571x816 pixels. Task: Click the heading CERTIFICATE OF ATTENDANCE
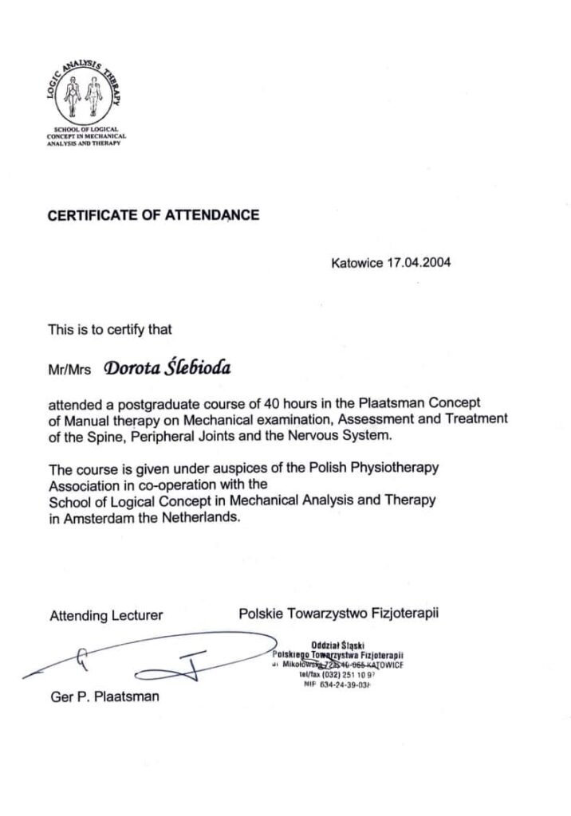[x=154, y=214]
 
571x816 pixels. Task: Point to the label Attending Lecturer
[x=106, y=615]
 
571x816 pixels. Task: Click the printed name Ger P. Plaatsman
[x=104, y=696]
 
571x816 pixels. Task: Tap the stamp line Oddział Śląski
[x=339, y=646]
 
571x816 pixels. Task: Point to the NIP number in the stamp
[x=338, y=684]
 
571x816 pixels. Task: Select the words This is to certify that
[x=110, y=328]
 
